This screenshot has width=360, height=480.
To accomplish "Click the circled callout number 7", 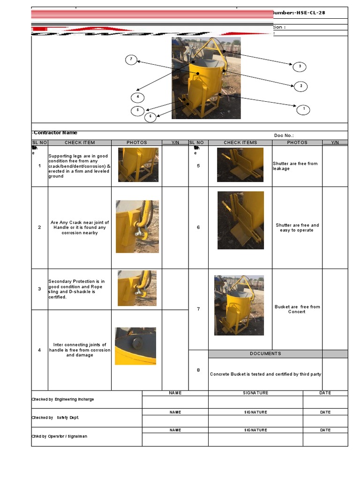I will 131,60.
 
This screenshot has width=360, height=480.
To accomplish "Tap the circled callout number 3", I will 300,67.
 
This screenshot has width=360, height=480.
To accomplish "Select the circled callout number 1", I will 303,110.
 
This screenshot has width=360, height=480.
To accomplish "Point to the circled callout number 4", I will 138,97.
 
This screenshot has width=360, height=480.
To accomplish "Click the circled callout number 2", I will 300,86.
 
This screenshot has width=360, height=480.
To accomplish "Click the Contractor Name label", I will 55,133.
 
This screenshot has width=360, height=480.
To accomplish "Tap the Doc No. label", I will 284,135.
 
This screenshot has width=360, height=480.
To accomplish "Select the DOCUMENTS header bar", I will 265,354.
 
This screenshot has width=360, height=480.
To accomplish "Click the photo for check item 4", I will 135,346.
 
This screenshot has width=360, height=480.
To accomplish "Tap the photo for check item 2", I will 137,226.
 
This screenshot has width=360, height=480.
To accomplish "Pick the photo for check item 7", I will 239,305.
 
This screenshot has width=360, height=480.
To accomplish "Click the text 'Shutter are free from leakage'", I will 295,166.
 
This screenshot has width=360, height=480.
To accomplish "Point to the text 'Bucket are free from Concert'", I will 297,309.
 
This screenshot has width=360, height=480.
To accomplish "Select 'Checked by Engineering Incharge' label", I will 63,399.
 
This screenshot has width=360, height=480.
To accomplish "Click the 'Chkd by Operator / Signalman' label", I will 59,436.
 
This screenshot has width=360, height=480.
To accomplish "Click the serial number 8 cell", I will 198,370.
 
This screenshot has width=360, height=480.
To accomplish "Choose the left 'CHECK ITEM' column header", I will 80,142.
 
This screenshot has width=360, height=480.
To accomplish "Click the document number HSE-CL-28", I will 308,13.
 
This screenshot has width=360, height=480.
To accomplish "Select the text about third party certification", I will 265,374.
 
